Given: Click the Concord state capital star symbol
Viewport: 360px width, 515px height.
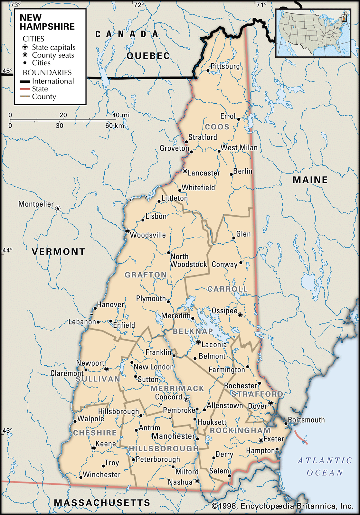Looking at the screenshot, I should [186, 399].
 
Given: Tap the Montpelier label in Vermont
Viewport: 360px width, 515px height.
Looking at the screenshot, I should [36, 204].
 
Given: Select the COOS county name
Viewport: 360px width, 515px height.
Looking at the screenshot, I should [217, 127].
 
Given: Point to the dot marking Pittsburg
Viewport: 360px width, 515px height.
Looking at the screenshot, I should [208, 70].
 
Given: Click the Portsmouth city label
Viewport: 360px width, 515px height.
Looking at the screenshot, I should [306, 420].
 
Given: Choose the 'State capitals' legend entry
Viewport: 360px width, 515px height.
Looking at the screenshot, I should [53, 47].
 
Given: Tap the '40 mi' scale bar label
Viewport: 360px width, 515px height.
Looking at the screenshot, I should [121, 115].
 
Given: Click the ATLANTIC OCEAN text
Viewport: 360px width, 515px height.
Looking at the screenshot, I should [325, 467].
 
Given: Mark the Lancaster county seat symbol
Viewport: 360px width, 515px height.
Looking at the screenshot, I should [185, 171].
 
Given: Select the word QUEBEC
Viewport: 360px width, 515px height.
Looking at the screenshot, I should [148, 56].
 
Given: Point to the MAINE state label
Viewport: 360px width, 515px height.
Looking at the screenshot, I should [310, 180].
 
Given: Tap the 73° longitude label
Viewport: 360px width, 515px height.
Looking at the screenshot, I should [15, 5].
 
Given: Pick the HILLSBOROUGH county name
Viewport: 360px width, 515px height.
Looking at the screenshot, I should [164, 448].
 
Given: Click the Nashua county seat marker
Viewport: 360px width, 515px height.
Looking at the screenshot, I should [197, 481].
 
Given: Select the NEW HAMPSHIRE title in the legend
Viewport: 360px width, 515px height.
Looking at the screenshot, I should [47, 22].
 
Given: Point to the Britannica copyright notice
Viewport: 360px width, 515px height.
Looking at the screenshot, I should [282, 506].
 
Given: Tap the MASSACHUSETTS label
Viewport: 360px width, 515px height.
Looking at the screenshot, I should [102, 502].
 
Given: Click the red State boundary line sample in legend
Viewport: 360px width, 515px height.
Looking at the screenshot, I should [25, 89].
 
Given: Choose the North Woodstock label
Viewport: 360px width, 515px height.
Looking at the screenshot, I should [188, 260].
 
